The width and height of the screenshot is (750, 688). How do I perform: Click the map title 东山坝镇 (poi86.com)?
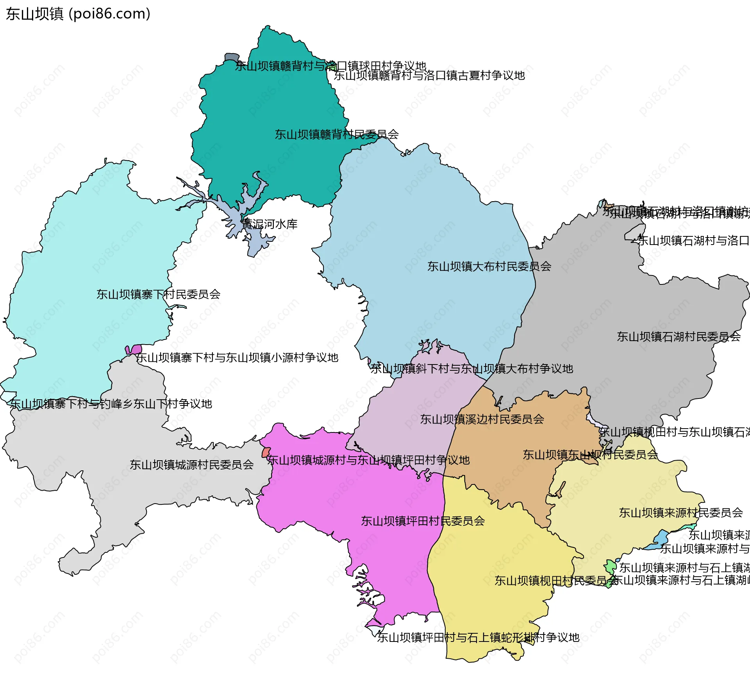click(x=78, y=14)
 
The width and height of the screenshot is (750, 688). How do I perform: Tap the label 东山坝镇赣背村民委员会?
click(x=336, y=134)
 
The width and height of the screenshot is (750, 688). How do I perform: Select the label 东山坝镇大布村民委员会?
click(x=489, y=266)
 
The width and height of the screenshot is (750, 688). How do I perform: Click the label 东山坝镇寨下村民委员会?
click(x=158, y=294)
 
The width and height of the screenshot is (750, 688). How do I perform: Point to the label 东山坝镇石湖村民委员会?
click(x=679, y=336)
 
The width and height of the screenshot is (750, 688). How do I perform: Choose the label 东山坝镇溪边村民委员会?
click(x=482, y=419)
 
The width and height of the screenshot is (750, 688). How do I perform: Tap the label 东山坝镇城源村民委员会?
click(x=191, y=465)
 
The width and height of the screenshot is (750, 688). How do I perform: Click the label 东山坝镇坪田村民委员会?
click(x=423, y=521)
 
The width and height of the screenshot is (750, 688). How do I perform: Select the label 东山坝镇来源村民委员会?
click(x=680, y=513)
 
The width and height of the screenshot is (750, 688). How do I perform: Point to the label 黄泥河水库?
click(x=270, y=224)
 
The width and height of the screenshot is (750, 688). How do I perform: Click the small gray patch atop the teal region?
click(x=231, y=57)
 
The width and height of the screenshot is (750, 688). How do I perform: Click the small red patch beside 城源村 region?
click(x=266, y=453)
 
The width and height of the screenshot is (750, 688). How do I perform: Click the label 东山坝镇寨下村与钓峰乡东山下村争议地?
click(x=111, y=404)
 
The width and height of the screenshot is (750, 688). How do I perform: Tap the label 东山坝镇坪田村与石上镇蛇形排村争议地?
click(x=478, y=637)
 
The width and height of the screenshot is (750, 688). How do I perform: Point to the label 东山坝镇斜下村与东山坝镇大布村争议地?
click(x=471, y=368)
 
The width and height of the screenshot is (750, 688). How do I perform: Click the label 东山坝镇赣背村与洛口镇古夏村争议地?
click(x=429, y=75)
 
